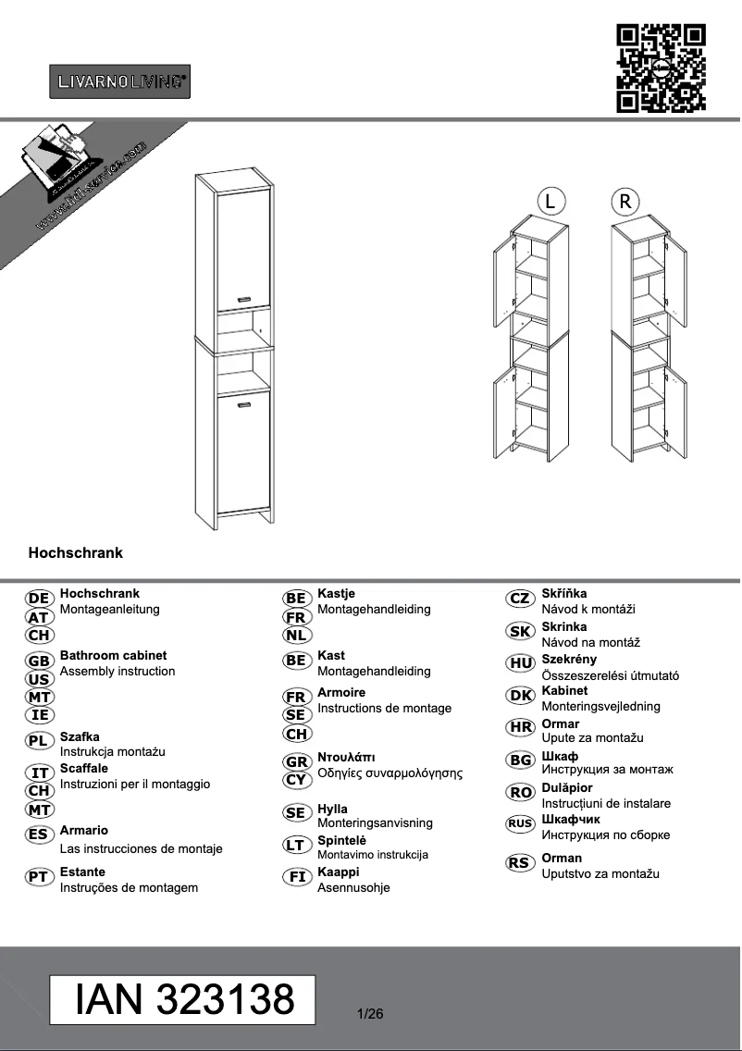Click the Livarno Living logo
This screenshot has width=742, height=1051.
[119, 81]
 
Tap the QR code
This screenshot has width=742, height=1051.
[661, 69]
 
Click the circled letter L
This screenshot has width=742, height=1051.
[550, 201]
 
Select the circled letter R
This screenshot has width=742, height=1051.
[625, 201]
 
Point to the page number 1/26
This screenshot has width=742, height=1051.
[369, 1014]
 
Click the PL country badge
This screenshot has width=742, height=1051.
[40, 740]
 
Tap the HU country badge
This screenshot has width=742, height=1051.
[521, 662]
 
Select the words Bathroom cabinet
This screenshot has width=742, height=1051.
[113, 655]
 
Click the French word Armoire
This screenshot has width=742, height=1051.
[341, 692]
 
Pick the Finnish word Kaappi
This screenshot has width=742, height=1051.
[338, 872]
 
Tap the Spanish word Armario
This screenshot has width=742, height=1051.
[83, 831]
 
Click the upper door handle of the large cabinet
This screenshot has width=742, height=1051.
[245, 298]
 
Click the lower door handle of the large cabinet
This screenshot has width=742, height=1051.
[245, 403]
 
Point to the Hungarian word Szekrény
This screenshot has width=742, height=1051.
[569, 660]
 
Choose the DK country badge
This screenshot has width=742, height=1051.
[521, 696]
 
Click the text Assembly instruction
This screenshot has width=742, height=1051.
[117, 671]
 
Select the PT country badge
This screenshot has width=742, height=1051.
[40, 875]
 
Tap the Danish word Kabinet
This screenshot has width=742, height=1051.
[564, 690]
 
